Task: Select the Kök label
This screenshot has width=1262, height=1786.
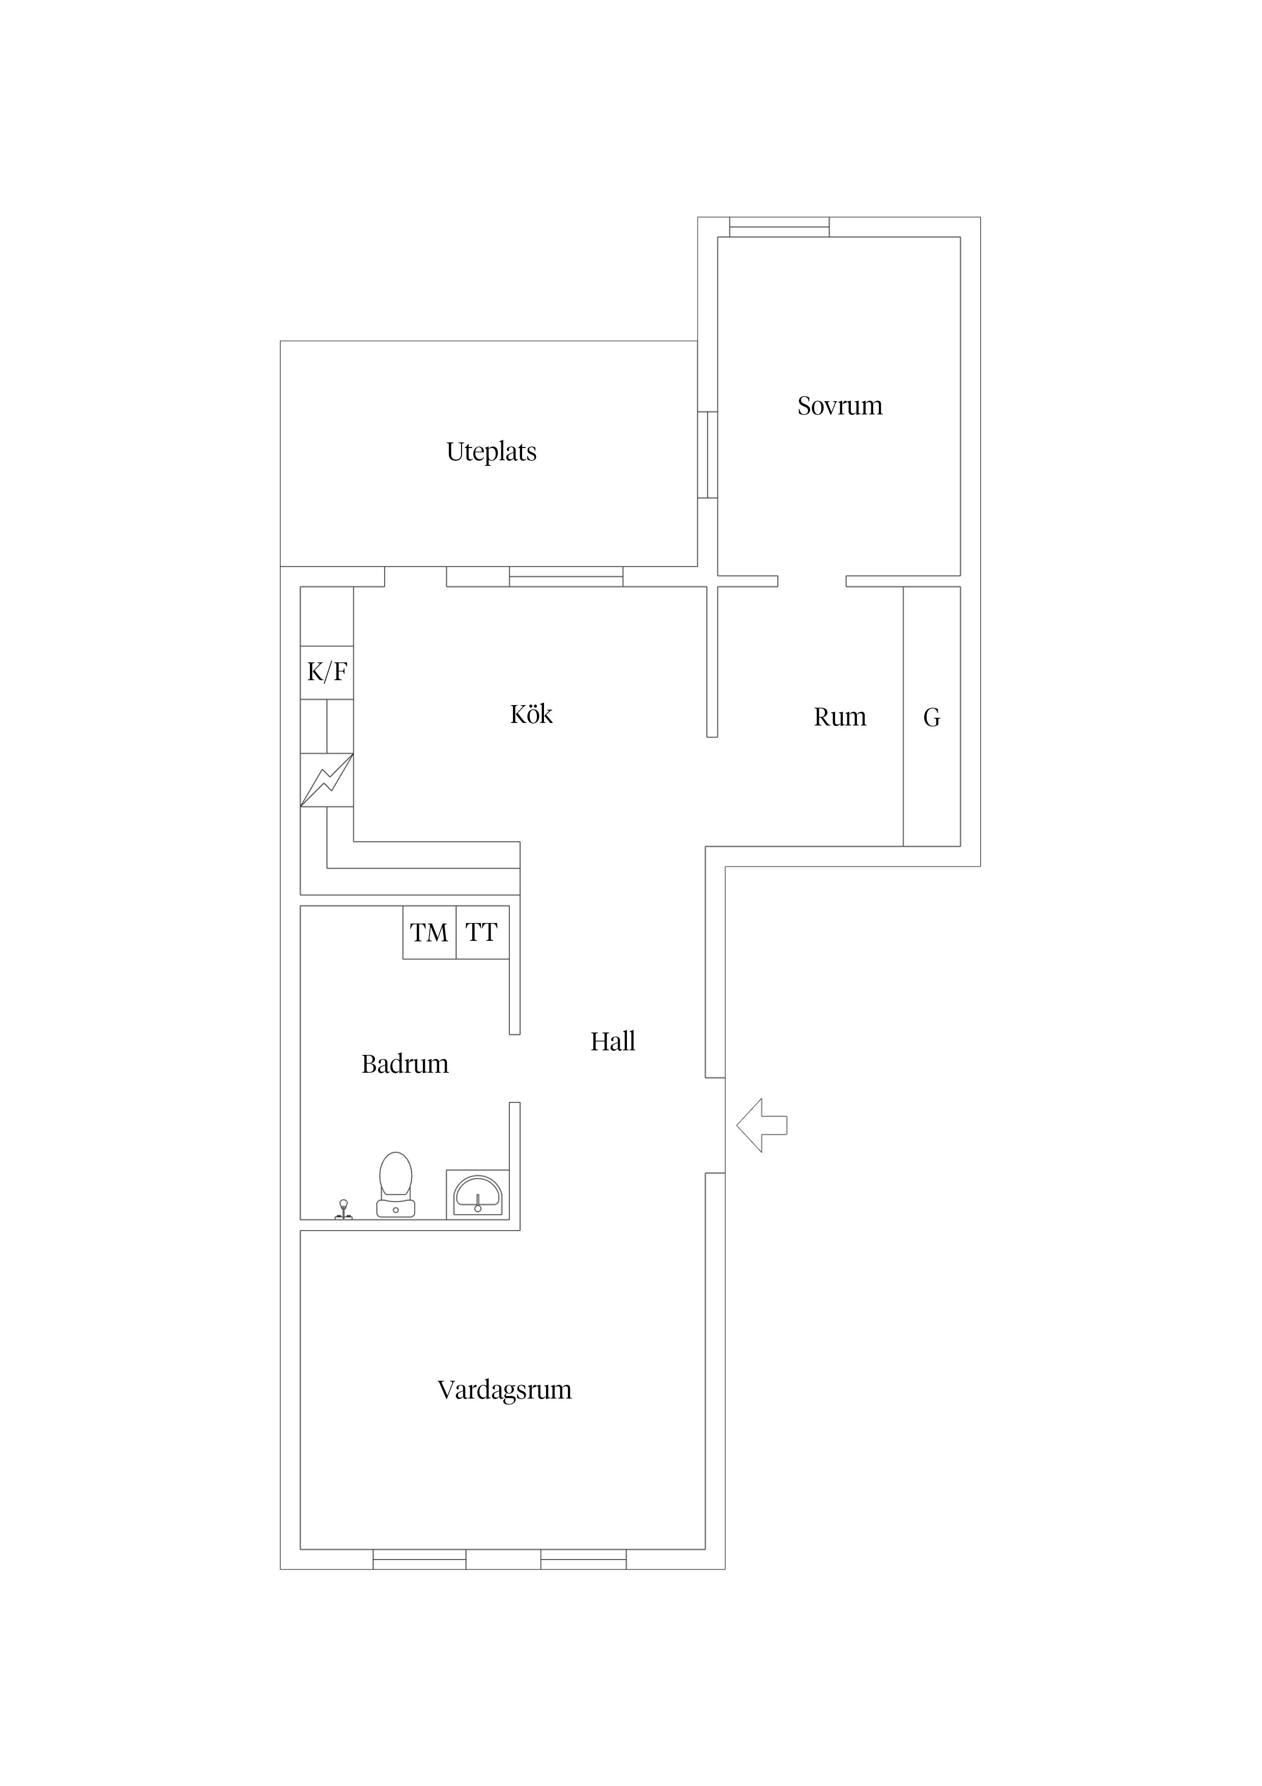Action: tap(531, 714)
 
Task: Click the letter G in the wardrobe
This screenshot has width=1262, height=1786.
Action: tap(932, 717)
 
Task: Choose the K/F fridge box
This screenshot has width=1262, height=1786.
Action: tap(327, 672)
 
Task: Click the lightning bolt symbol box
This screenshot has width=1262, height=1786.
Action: tap(327, 779)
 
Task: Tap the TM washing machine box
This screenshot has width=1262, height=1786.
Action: tap(429, 932)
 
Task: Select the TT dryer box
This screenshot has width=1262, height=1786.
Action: tap(482, 932)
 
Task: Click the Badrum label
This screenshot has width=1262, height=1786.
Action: tap(405, 1064)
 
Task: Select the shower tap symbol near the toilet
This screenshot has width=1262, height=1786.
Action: tap(343, 1210)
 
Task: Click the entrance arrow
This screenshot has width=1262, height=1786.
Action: tap(761, 1125)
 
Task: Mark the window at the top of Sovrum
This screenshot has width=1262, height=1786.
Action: tap(779, 227)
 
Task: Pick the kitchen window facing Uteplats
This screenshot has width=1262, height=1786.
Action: tap(566, 576)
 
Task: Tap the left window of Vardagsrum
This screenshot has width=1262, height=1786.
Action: tap(419, 1559)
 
